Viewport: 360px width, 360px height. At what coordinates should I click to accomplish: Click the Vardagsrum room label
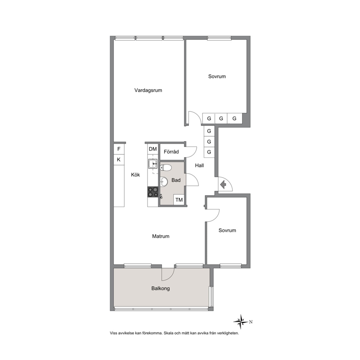coord(148,90)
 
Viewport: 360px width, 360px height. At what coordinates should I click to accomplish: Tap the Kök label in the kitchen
coord(135,175)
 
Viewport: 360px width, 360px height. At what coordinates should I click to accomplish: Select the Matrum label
coord(161,236)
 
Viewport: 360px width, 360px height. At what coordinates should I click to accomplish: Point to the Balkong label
coord(160,289)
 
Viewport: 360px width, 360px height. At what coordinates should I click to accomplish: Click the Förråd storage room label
coord(171,152)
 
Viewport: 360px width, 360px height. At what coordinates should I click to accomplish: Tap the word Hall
coord(199,165)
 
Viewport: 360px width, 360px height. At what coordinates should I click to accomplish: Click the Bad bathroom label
coord(176,180)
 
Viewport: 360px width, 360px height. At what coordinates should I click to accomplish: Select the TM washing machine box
coord(179,200)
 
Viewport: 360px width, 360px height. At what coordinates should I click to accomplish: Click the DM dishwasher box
coord(153,149)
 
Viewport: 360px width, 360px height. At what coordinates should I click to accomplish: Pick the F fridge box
coord(119,149)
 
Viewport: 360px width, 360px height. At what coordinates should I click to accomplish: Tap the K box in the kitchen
coord(119,160)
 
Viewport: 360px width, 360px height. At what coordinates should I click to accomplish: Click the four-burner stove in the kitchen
coord(153,192)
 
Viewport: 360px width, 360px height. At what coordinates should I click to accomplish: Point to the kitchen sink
coord(153,164)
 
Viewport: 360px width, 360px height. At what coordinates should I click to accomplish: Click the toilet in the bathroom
coord(166,168)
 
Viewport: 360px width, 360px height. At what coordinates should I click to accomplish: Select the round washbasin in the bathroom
coord(164,182)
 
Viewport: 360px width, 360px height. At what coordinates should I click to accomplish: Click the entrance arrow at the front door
coord(223,185)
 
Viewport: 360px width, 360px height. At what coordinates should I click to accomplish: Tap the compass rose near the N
coord(241,322)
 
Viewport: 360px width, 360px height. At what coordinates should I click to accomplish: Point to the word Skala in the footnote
coord(168,333)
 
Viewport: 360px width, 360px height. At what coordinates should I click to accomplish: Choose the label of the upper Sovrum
coord(217,77)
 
